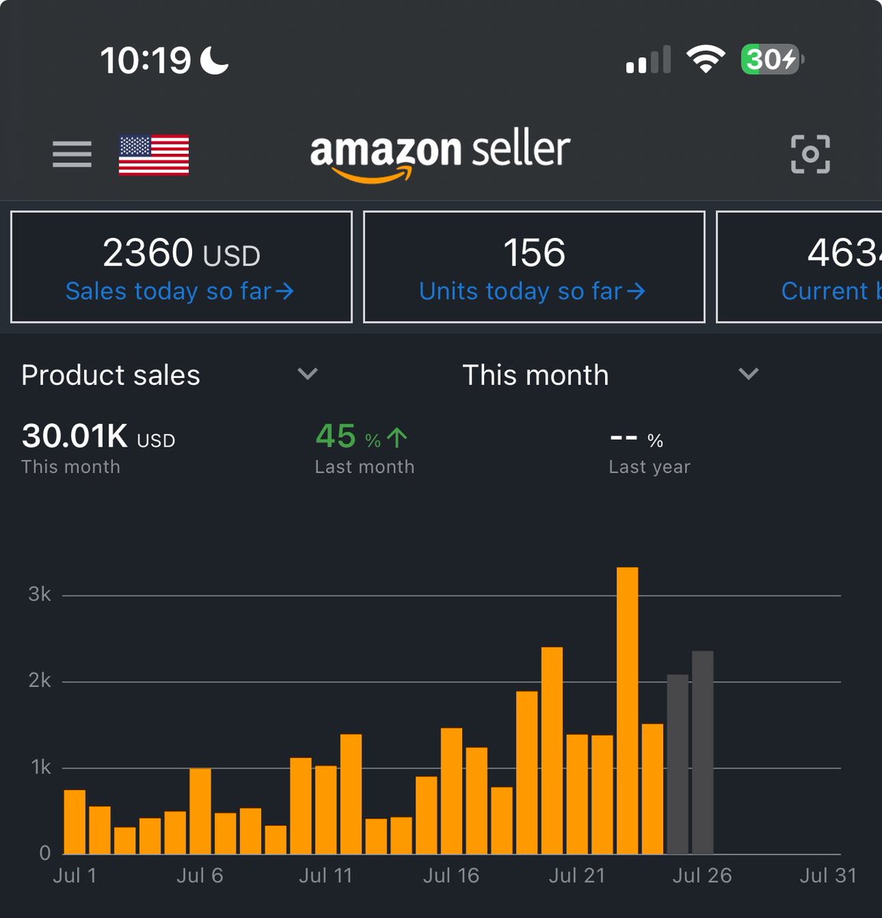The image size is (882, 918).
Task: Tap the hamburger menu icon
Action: pyautogui.click(x=72, y=154)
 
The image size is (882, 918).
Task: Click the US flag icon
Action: pyautogui.click(x=154, y=155)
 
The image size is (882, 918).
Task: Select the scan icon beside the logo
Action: pyautogui.click(x=809, y=154)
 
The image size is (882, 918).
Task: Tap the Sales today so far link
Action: pyautogui.click(x=180, y=291)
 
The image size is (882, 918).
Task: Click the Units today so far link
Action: pyautogui.click(x=532, y=291)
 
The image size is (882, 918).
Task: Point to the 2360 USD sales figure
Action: pyautogui.click(x=181, y=253)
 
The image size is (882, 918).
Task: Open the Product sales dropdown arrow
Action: pyautogui.click(x=308, y=374)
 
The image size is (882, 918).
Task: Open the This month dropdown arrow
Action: pyautogui.click(x=748, y=374)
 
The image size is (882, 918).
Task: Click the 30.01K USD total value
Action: pyautogui.click(x=98, y=437)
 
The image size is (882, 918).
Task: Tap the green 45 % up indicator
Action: pyautogui.click(x=361, y=437)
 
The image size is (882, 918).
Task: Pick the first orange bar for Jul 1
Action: pyautogui.click(x=74, y=822)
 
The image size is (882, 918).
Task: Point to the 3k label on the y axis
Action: pyautogui.click(x=40, y=594)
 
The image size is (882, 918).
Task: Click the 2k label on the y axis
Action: pyautogui.click(x=40, y=680)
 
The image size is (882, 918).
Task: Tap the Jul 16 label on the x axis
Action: pyautogui.click(x=451, y=876)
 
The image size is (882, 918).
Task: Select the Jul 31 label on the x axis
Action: pyautogui.click(x=828, y=876)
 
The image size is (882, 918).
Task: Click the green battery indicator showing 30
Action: pyautogui.click(x=770, y=60)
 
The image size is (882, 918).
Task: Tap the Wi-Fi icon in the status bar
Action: pyautogui.click(x=705, y=59)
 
